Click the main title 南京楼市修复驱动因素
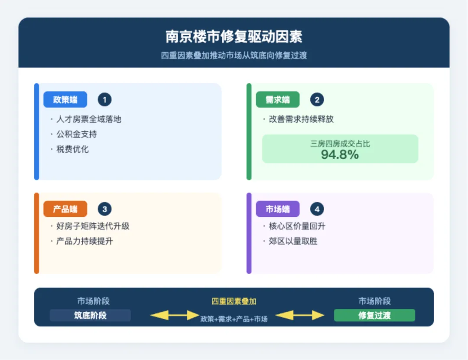coord(234,36)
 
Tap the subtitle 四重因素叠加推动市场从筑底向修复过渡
coord(234,56)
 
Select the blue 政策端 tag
coord(65,100)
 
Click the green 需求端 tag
coord(277,100)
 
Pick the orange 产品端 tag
coord(65,209)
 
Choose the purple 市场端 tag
coord(277,209)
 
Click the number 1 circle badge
coord(104,100)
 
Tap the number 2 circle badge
coord(317,100)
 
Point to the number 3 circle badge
coord(104,209)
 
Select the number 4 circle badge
coord(317,209)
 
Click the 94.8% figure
coord(340,154)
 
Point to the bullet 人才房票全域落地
coord(88,119)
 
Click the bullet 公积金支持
coord(76,134)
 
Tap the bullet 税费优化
coord(72,149)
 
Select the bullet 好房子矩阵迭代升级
coord(93,226)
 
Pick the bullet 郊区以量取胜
coord(293,241)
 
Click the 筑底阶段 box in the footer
coord(90,315)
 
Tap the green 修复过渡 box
coord(374,315)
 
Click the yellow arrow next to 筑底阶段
coord(174,315)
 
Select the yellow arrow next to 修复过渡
coord(300,315)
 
